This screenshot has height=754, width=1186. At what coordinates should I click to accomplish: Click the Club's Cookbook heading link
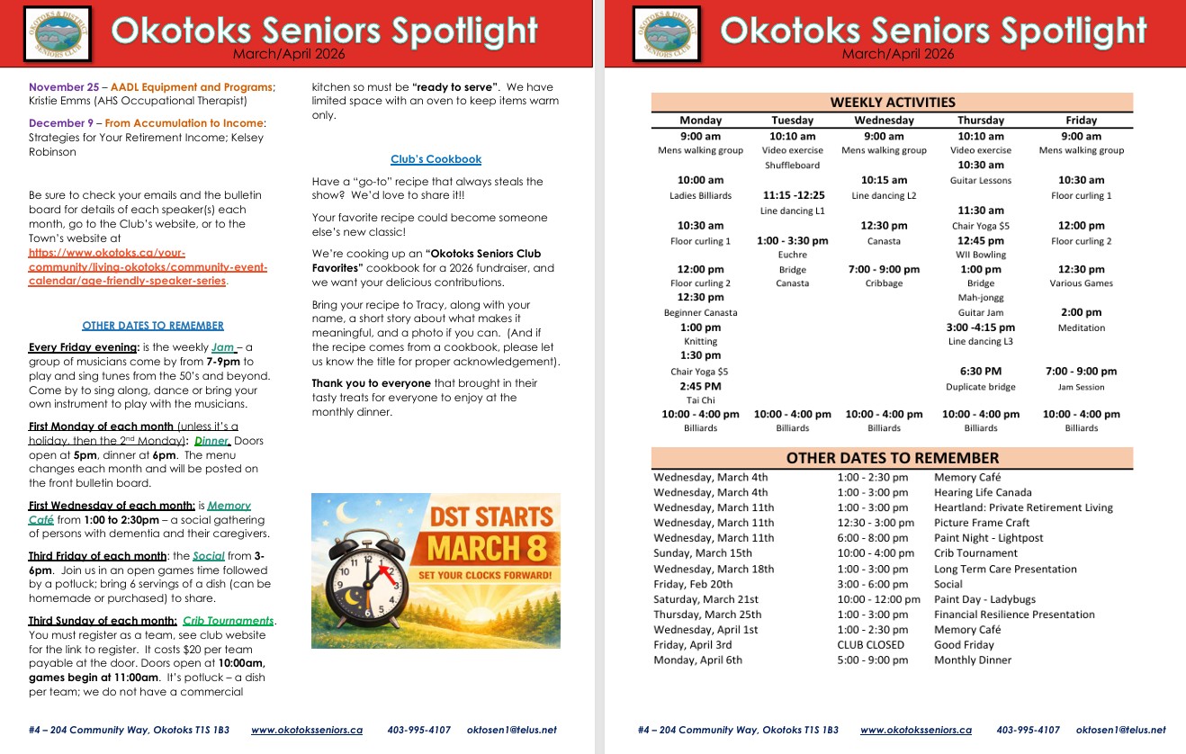click(436, 159)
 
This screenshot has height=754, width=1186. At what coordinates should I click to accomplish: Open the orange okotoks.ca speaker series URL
click(126, 267)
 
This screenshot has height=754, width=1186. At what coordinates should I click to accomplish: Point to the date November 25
click(64, 87)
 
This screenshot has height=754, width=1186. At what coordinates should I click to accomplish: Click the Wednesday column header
click(884, 120)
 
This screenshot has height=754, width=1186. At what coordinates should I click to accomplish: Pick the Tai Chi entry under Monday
click(700, 400)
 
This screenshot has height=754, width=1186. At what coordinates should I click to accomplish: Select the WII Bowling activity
click(981, 255)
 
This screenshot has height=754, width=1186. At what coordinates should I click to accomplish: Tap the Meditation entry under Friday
click(1081, 328)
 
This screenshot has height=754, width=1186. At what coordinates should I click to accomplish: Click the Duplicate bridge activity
click(981, 387)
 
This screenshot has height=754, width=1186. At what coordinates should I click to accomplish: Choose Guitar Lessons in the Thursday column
click(981, 180)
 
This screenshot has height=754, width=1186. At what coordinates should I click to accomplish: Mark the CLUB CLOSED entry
click(870, 645)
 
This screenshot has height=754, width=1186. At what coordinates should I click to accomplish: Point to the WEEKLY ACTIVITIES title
click(892, 102)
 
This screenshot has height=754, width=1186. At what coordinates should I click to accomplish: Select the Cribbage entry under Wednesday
click(884, 283)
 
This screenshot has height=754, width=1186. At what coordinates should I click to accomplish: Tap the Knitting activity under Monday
click(700, 342)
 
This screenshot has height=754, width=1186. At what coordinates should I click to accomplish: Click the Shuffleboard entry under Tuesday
click(792, 166)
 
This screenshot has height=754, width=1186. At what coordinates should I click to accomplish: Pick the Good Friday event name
click(964, 645)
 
